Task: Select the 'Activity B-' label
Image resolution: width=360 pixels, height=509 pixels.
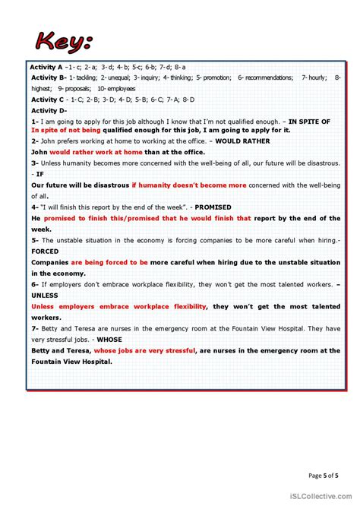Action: point(49,77)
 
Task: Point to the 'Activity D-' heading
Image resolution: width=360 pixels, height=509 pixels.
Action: point(49,110)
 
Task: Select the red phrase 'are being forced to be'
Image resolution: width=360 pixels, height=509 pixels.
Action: point(111,262)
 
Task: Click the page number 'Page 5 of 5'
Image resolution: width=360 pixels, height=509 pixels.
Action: point(323,476)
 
